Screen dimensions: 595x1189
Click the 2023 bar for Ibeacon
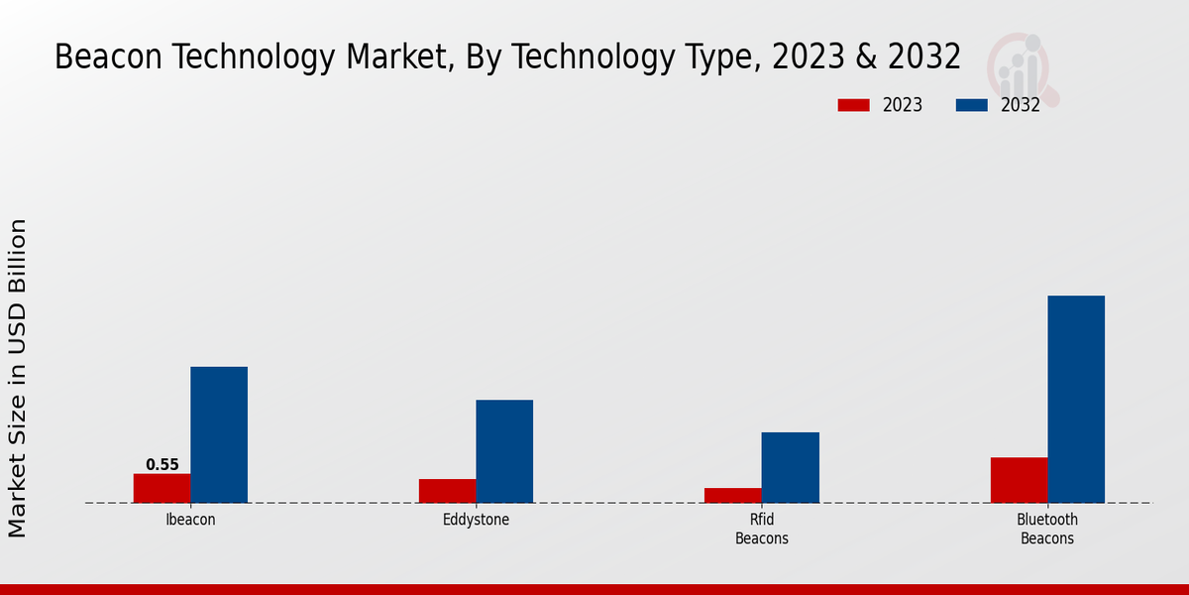(162, 488)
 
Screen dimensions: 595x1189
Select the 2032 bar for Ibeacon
(219, 434)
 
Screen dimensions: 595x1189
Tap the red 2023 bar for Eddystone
(447, 491)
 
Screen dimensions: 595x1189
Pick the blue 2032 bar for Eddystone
(504, 451)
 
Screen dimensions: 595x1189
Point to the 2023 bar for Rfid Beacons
(733, 495)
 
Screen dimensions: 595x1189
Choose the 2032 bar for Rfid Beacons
(791, 467)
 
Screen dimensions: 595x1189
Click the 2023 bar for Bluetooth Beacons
(1019, 480)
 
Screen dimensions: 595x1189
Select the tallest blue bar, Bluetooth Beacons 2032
(1076, 399)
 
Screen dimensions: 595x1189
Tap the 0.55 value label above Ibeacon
(162, 464)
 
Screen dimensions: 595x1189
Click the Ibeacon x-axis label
(190, 520)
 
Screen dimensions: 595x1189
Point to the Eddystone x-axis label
(476, 520)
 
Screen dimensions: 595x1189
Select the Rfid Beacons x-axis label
(762, 530)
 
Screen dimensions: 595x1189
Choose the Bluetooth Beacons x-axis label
(1047, 530)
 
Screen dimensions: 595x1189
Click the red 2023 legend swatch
(854, 105)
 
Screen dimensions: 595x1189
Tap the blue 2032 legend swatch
(972, 105)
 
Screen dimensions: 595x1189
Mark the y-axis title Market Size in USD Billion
(18, 378)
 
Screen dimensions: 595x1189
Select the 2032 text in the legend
(1020, 105)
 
